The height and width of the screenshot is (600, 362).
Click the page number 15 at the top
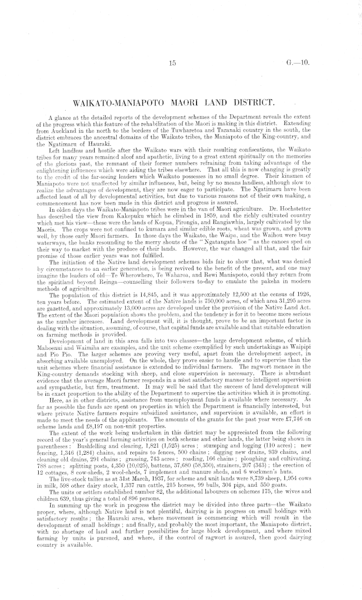[173, 64]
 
